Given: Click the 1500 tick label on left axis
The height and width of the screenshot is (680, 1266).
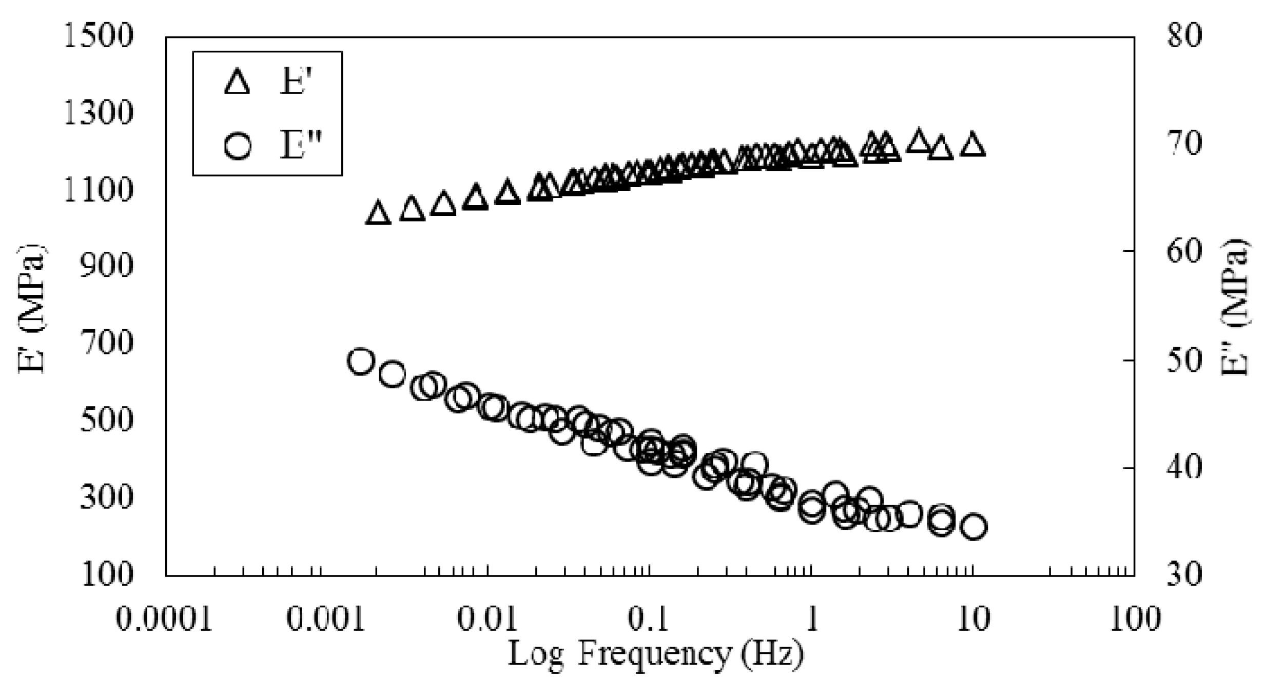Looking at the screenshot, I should click(x=98, y=37).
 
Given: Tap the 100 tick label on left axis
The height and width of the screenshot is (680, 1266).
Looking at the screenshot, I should click(x=106, y=574).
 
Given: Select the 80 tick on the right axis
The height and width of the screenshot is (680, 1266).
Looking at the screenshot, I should click(x=1184, y=37).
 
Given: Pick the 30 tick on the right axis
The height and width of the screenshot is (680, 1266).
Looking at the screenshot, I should click(x=1184, y=574).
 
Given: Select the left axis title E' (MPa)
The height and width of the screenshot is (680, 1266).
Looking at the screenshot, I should click(x=32, y=308).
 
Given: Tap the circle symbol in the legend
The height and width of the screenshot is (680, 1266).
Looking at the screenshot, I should click(x=238, y=146).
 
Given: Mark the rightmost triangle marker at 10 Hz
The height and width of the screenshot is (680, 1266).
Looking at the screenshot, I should click(x=972, y=145).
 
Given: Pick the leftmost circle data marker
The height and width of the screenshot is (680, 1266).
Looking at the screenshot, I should click(x=359, y=362).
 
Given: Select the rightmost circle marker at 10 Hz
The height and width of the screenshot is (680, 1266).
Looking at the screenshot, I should click(x=973, y=527).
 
